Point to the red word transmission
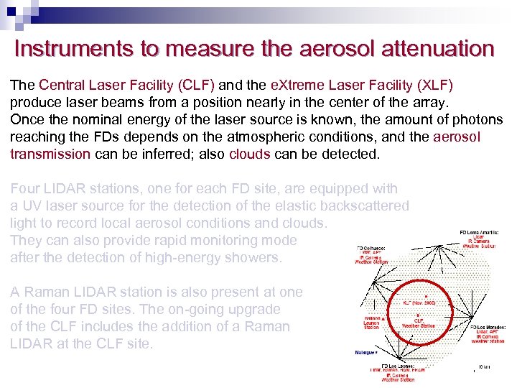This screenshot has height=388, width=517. click(50, 154)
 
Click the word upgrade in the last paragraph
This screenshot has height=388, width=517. click(261, 310)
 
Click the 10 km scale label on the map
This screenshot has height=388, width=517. click(484, 367)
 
